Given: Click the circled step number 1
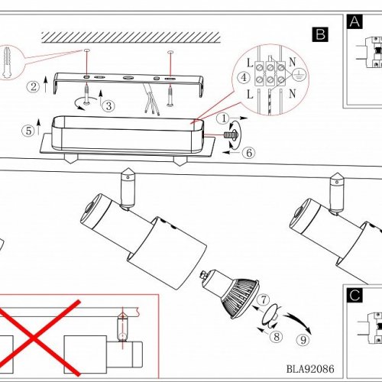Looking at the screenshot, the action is (224, 118).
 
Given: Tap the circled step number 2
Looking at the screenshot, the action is (33, 87).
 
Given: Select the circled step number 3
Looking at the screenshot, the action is (108, 105).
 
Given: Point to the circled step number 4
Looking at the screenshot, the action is (244, 77).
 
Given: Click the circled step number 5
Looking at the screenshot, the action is (28, 131).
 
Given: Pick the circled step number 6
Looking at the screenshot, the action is (249, 153).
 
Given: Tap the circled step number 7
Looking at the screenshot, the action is (264, 299).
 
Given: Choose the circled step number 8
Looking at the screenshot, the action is (277, 336).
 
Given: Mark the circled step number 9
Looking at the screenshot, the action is (303, 340).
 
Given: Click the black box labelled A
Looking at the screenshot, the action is (354, 21).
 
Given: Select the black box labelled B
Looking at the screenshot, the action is (320, 34).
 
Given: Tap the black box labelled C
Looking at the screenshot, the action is (354, 296).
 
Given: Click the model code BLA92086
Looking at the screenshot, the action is (310, 369).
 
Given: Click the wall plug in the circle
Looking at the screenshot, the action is (7, 62).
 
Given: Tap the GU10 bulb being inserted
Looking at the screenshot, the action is (231, 293).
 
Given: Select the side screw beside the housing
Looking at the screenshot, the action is (231, 134).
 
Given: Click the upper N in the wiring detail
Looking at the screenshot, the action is (293, 62).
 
